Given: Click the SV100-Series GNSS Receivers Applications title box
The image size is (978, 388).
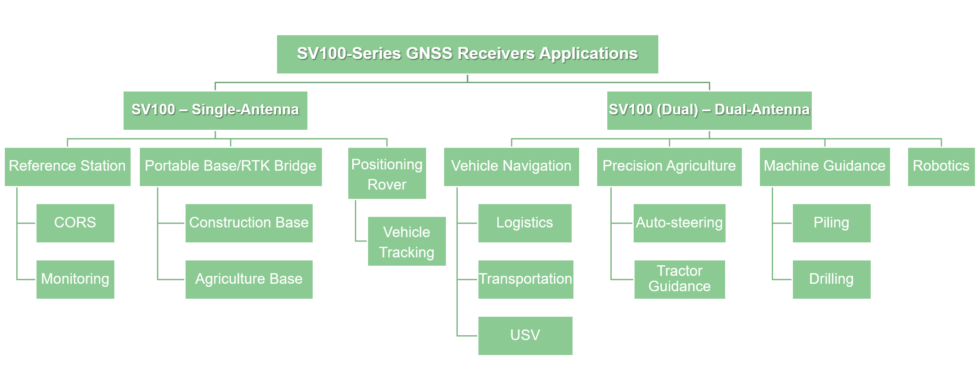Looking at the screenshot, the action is coord(467,54).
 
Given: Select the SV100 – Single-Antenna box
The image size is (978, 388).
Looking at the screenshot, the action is coord(215,110).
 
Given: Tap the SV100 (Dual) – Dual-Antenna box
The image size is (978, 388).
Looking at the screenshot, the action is coord(709,110).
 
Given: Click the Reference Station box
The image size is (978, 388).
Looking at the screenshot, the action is coord(68,167).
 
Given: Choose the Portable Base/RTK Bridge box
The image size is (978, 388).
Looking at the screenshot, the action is coord(231,167).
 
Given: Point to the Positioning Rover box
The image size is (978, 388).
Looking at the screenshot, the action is coord(387,173).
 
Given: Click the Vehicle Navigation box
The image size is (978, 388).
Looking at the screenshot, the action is coord(511,167).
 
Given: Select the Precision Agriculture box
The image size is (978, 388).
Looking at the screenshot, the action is coord(669,167).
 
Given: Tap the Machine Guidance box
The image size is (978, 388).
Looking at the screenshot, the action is coord(825,167).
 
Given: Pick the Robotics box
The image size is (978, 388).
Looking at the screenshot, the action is coord(942,167).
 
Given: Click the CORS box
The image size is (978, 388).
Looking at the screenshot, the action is coord(75,223).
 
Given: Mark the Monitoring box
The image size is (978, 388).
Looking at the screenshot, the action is coord(75,279).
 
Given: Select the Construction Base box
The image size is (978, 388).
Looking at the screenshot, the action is coord(249,223).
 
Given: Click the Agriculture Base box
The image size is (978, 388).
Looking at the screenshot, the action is coord(249,279).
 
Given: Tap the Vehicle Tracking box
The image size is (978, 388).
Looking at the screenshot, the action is coord(407,241).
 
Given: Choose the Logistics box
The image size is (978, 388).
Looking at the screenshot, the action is coord(525,223).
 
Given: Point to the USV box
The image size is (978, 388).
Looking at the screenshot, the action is coord(525,336).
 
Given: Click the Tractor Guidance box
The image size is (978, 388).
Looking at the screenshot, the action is coord(680,279).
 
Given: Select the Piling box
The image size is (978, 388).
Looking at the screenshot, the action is coord(832,223).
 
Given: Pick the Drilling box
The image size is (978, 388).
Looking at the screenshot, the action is coord(832,279).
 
